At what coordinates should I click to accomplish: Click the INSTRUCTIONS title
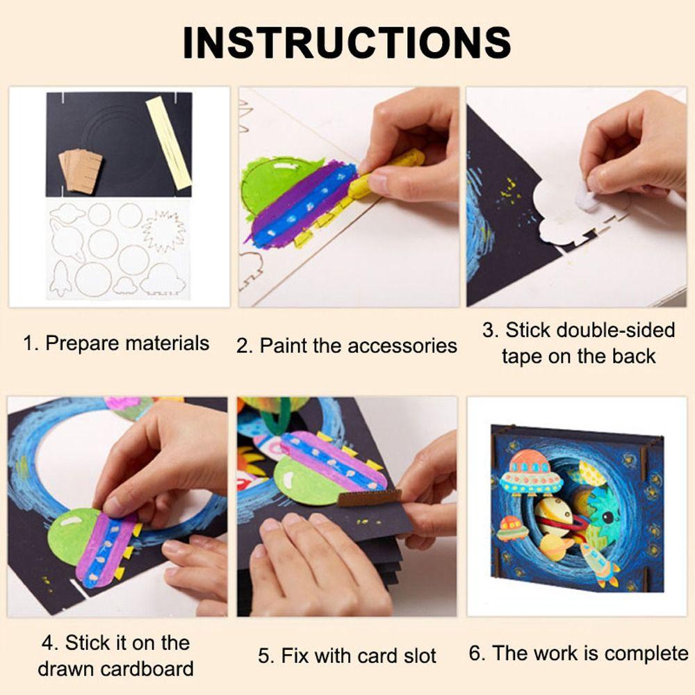tap(347, 43)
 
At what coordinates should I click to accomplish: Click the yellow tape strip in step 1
tap(168, 142)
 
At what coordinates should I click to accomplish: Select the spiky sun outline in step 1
tap(162, 230)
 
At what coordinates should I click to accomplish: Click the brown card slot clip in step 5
tap(369, 497)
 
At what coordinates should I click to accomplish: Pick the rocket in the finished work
tap(599, 563)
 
